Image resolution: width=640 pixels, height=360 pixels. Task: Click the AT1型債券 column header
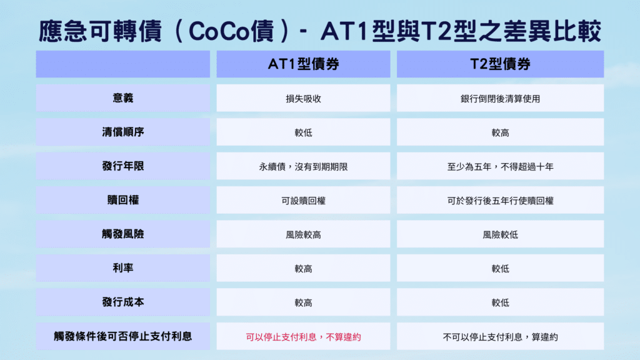pos(303,64)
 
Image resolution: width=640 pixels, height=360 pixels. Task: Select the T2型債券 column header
pos(500,64)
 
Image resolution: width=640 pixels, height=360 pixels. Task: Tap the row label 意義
pos(122,98)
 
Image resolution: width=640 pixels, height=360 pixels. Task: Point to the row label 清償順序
pos(122,132)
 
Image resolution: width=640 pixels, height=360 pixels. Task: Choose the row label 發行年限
pos(122,166)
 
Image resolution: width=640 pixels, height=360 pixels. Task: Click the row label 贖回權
pos(122,201)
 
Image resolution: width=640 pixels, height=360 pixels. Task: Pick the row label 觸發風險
pos(122,234)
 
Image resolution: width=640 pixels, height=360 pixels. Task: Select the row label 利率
pos(122,268)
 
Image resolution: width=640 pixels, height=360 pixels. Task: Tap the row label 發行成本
pos(122,302)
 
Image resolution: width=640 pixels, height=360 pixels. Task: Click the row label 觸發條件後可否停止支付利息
pos(122,336)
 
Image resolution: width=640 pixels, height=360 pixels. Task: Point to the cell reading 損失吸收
pos(303,99)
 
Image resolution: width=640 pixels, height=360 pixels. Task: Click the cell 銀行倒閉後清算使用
pos(500,99)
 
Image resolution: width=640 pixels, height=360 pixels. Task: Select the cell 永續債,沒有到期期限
pos(303,167)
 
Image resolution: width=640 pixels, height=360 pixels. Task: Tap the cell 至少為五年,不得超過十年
pos(500,167)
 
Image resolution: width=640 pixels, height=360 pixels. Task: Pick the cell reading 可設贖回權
pos(303,201)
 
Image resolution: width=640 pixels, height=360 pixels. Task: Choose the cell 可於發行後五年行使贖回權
pos(500,201)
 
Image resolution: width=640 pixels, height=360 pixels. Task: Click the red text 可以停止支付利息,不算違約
pos(303,337)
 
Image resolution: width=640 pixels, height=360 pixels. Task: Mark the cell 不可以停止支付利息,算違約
pos(500,337)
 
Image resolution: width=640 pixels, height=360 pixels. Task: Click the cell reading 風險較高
pos(303,235)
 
